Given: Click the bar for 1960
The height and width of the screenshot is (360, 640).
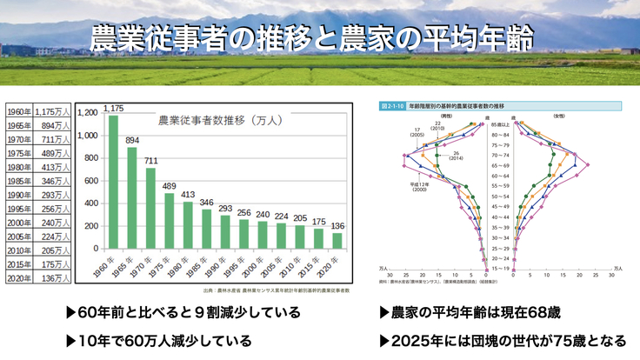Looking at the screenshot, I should point(113,183).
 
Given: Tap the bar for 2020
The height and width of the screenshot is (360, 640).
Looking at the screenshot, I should point(338,241).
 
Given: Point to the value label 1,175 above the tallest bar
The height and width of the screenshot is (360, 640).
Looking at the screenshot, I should point(113,109).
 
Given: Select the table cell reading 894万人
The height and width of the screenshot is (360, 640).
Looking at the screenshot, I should point(52,127).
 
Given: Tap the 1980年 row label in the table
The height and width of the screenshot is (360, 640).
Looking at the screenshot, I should point(17,168).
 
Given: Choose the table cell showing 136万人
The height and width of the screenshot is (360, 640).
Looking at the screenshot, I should point(52,278).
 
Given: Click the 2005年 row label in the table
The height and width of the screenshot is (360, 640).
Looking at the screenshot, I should point(17,237).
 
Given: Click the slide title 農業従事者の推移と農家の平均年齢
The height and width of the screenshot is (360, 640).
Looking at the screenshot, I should point(311,37).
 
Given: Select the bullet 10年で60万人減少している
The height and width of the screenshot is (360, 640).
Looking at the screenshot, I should point(158,340).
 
